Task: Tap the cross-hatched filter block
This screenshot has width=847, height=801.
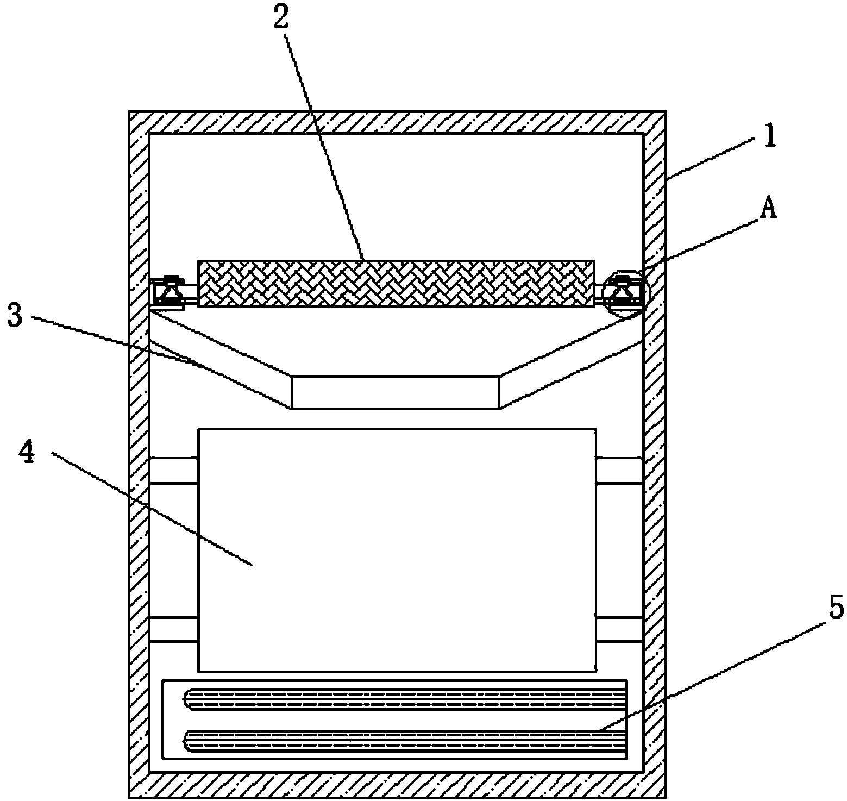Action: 396,284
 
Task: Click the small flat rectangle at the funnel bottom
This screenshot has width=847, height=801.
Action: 396,391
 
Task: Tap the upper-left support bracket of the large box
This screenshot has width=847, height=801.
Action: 173,470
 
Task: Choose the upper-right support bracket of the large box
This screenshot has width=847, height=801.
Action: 619,470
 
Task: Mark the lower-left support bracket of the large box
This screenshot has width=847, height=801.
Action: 173,629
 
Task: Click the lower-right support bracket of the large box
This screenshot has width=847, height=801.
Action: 619,629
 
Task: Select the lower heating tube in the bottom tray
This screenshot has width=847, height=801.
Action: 405,740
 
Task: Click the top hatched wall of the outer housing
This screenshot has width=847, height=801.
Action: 397,122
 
